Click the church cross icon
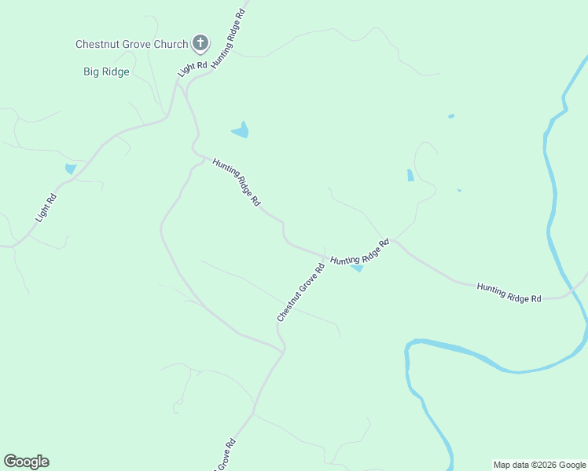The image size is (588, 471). pos(200,44)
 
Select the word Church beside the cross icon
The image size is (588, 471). pos(171,45)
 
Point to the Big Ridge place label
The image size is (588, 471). pos(106,71)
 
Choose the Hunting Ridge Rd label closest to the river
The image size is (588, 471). pos(509,294)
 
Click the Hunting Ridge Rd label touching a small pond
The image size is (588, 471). pos(360,254)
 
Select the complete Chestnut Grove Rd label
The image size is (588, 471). pos(301,291)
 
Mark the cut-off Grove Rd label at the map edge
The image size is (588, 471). pos(222,455)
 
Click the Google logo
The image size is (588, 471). pos(26,462)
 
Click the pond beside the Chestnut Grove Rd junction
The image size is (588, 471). pos(357,268)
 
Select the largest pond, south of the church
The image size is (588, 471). pos(241,130)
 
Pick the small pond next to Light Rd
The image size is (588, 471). pos(71,169)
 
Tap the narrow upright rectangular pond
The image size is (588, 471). pos(410,175)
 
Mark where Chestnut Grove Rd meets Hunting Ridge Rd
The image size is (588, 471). pos(325,256)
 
